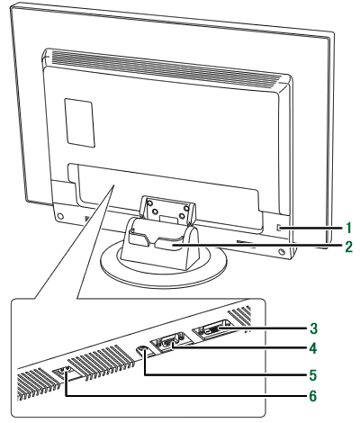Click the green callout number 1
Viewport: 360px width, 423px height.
click(x=348, y=229)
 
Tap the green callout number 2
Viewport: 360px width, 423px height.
click(x=348, y=247)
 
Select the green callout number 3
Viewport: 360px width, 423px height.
click(x=313, y=328)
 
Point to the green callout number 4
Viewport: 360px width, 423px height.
click(x=313, y=348)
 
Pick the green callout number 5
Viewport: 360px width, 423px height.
click(x=313, y=375)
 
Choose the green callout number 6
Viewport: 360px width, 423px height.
click(x=313, y=396)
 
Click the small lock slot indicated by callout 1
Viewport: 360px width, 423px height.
click(x=278, y=228)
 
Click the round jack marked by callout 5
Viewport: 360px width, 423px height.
click(x=142, y=350)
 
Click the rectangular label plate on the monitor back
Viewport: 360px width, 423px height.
click(x=80, y=122)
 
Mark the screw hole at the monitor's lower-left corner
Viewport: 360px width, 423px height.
click(x=59, y=216)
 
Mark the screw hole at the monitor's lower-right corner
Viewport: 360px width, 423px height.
click(x=281, y=251)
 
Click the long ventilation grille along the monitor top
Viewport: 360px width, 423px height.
click(x=164, y=67)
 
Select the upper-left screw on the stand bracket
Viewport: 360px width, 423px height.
click(x=150, y=202)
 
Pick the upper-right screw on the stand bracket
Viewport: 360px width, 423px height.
click(x=186, y=207)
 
